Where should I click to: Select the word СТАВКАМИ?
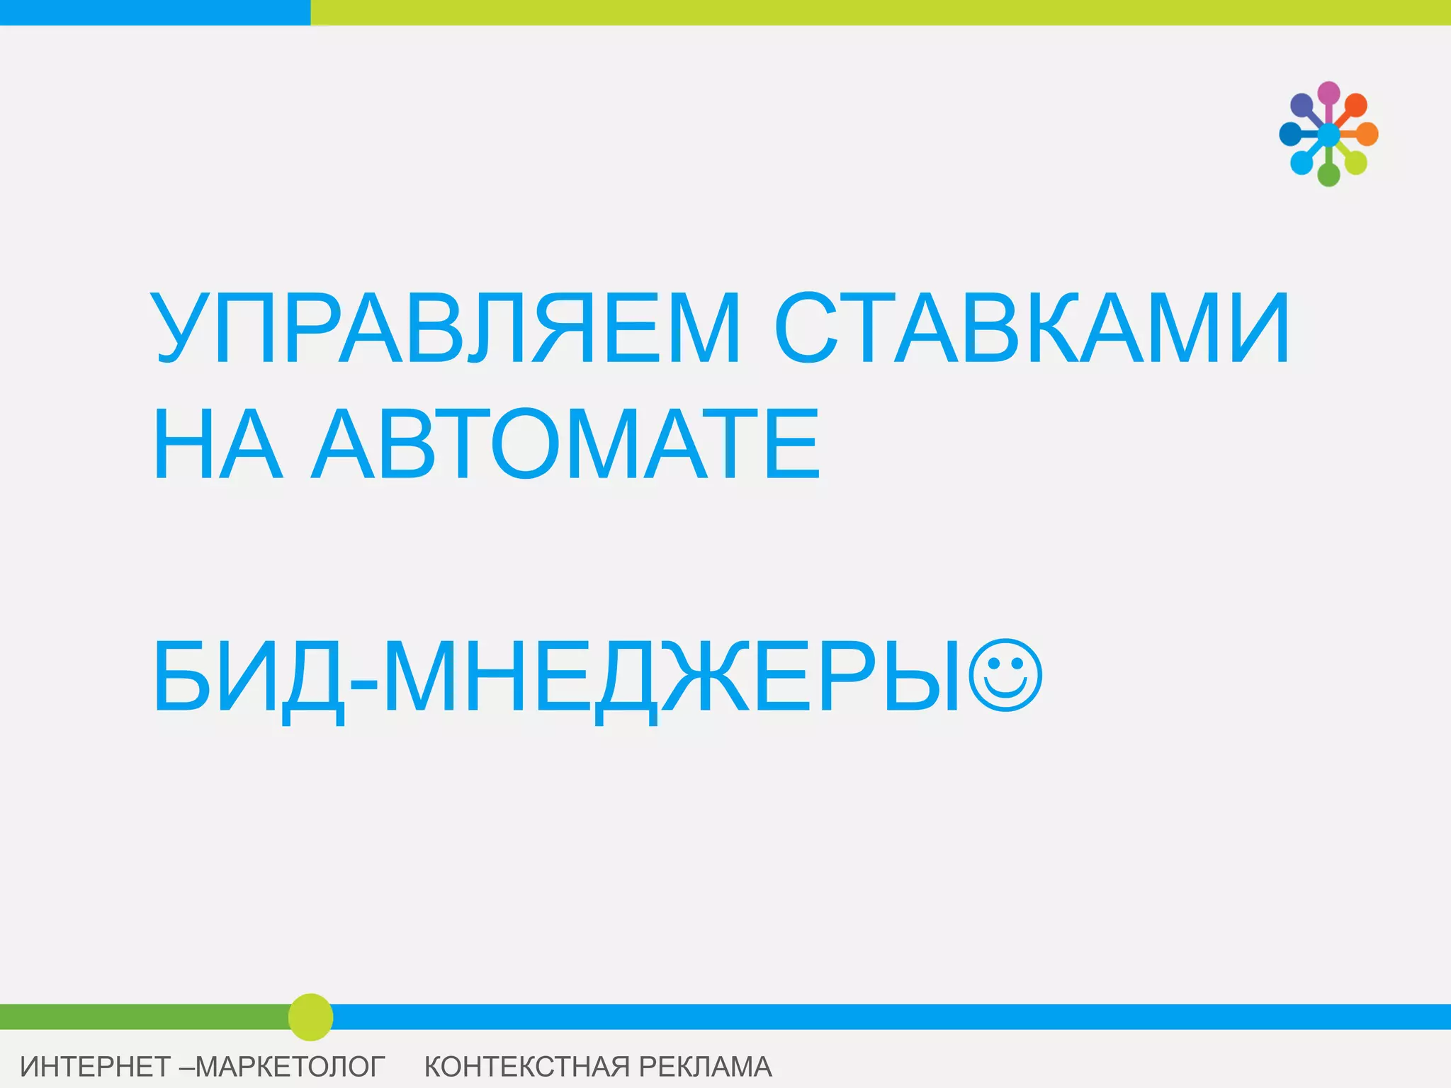click(1032, 328)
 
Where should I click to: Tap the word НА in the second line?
click(218, 445)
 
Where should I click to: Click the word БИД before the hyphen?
click(248, 676)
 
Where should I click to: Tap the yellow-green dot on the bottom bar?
click(310, 1017)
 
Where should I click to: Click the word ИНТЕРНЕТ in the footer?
click(95, 1067)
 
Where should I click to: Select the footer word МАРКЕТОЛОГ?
click(290, 1067)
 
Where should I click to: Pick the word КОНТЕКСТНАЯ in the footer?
click(527, 1067)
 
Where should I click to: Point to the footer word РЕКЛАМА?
click(705, 1067)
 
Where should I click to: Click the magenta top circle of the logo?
click(1328, 93)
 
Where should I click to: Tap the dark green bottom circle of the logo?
click(1328, 175)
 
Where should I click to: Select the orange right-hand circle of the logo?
click(1367, 134)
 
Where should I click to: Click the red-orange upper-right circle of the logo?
click(1356, 105)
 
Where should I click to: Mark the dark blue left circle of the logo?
click(1290, 134)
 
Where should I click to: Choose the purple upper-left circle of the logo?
click(1302, 105)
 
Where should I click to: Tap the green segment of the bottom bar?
click(142, 1016)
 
